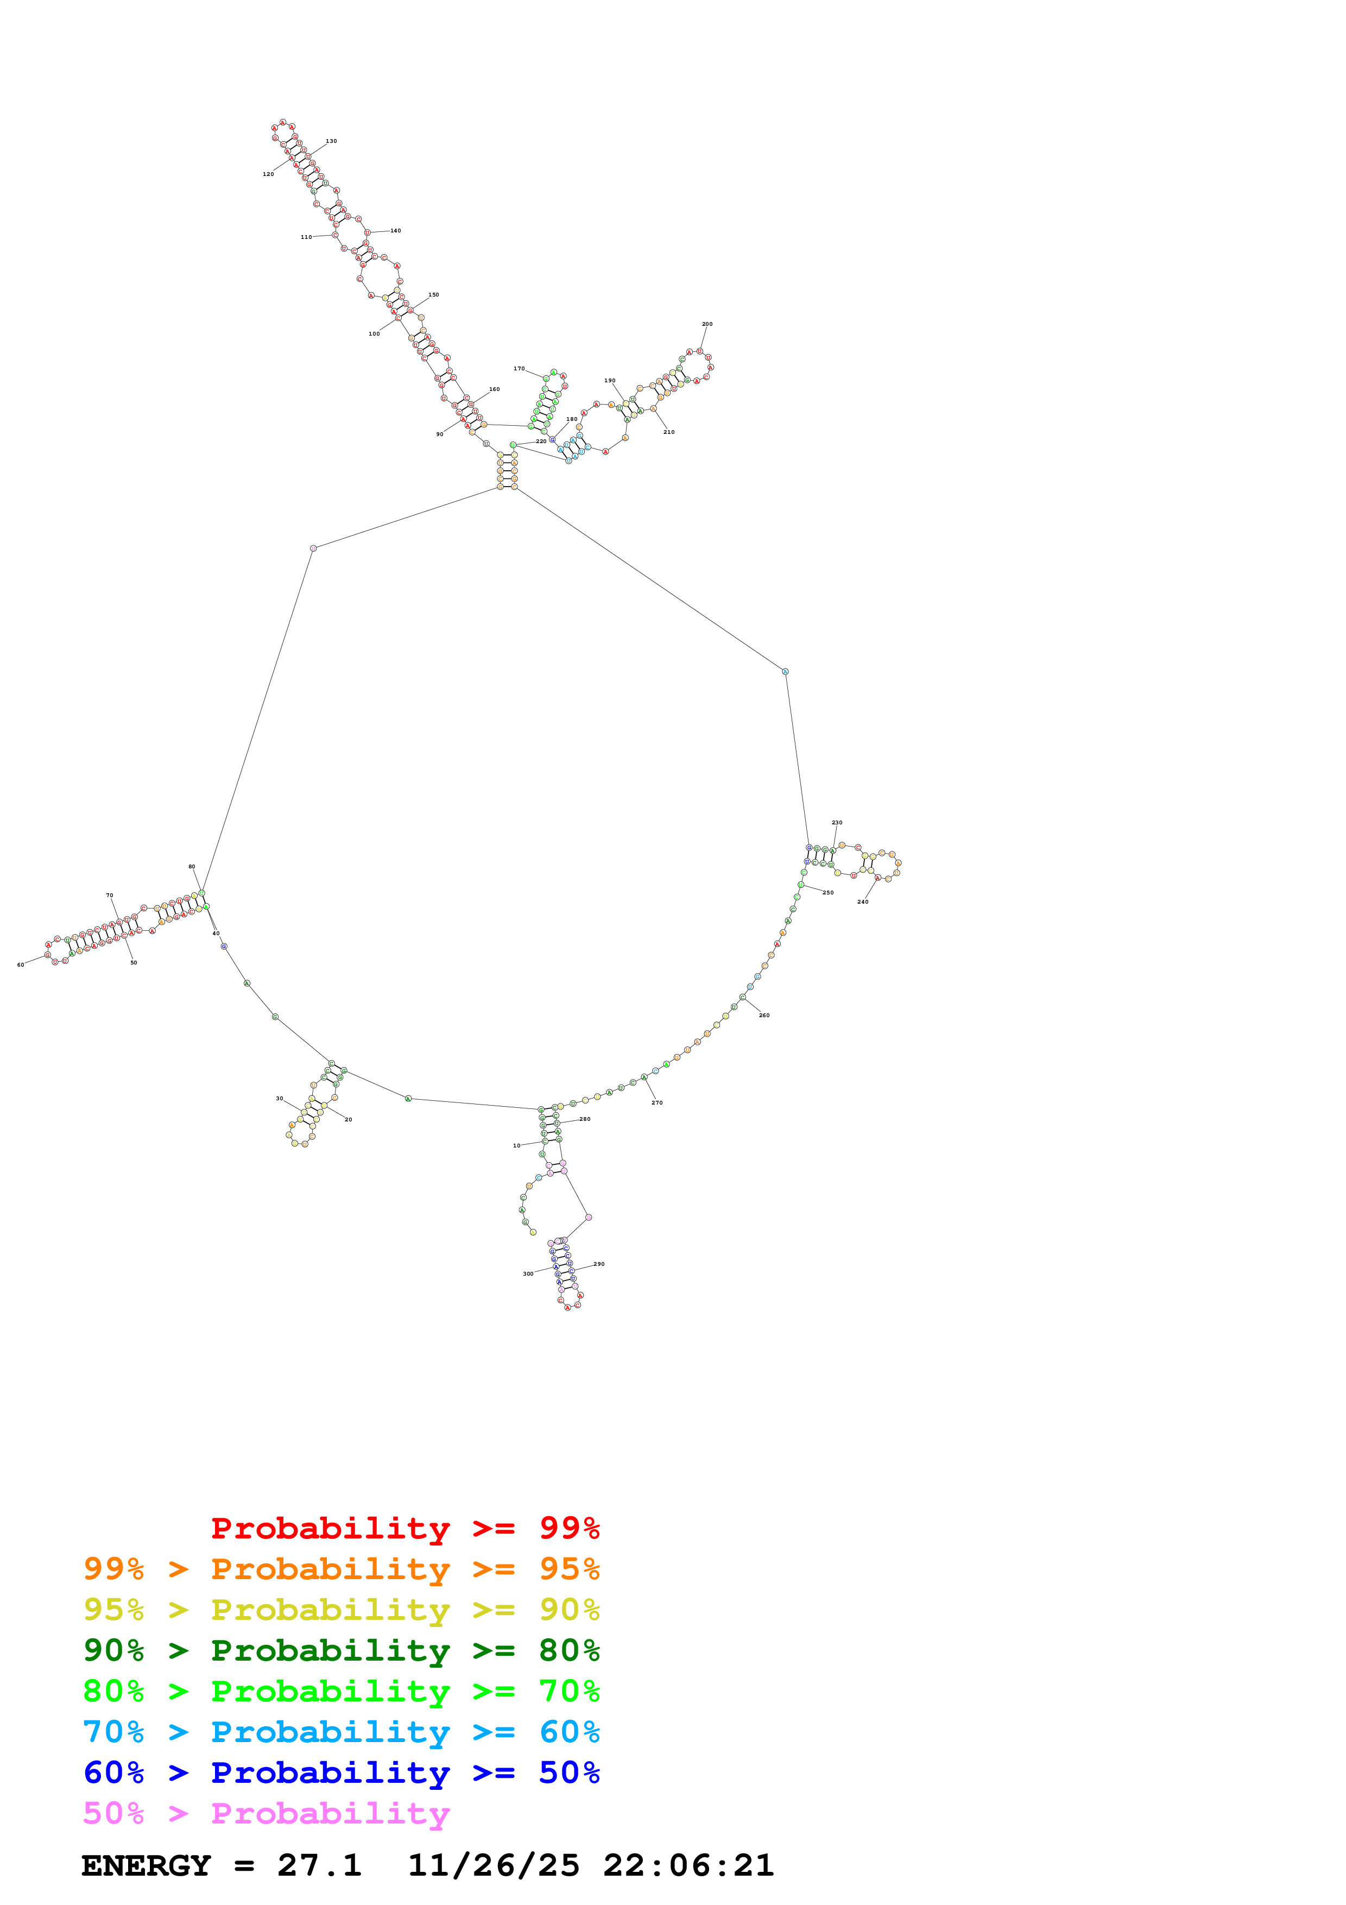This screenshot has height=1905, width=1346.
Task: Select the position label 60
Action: [x=21, y=965]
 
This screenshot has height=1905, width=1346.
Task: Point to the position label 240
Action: [x=863, y=902]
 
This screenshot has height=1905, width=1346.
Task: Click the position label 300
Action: [x=528, y=1273]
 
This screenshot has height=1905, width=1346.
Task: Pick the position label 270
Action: [x=657, y=1103]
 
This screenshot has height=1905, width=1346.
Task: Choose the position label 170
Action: [x=519, y=368]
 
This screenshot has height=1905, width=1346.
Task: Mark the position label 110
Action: [x=306, y=237]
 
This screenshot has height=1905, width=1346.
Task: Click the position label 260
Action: [x=764, y=1015]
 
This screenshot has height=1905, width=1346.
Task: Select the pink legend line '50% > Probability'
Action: [x=266, y=1814]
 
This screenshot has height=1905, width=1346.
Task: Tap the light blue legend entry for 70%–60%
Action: [x=341, y=1732]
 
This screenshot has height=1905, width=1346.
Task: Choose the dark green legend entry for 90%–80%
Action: [x=341, y=1651]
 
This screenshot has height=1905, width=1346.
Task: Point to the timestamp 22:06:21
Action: [x=688, y=1866]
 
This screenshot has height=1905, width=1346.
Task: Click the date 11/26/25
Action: [x=494, y=1866]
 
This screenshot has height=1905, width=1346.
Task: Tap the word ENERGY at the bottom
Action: [x=146, y=1866]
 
